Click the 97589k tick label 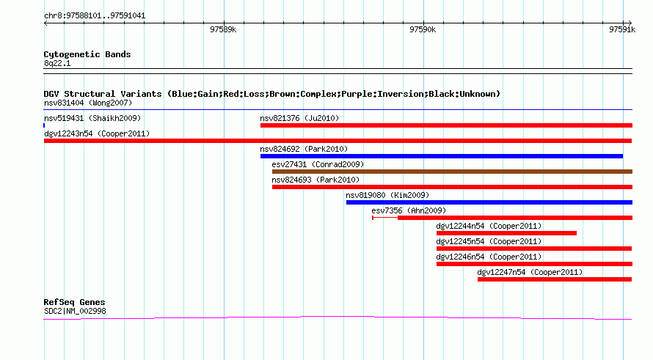223,29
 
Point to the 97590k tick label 423,29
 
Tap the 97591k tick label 622,29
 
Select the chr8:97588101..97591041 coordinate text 95,16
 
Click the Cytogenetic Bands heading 87,54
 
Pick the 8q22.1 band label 57,63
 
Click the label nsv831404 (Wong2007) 88,103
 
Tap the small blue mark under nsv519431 44,125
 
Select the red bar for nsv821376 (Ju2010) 446,125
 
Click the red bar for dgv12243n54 338,141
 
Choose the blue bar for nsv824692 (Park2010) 442,156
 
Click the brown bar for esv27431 452,172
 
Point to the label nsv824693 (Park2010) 315,180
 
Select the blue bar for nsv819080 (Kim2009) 489,202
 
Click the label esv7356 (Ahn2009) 409,210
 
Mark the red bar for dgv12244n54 506,233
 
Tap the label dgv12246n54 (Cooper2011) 489,257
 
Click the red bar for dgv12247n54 555,279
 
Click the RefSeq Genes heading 74,302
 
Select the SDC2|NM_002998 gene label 75,311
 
